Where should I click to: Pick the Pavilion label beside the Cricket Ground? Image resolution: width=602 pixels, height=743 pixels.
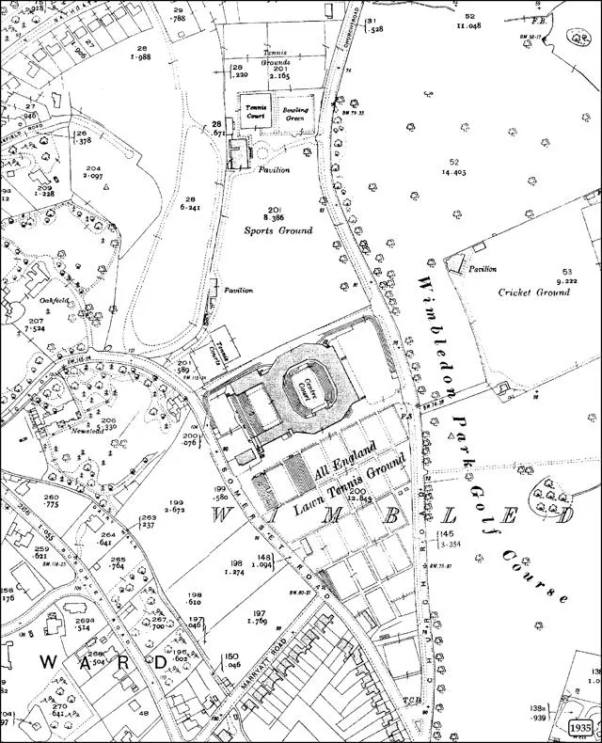click(x=483, y=269)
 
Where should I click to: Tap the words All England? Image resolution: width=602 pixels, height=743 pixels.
click(x=345, y=458)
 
